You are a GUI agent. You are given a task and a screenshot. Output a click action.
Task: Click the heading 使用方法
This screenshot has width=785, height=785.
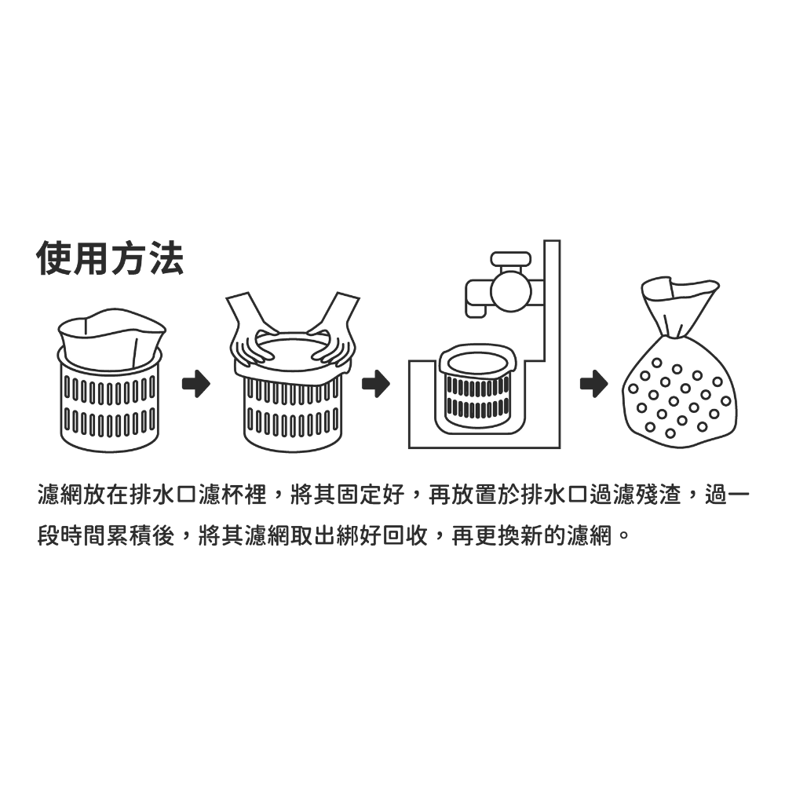(110, 258)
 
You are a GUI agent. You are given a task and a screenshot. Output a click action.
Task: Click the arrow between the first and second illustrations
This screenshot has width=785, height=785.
(195, 384)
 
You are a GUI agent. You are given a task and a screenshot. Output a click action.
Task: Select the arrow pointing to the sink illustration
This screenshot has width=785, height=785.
(375, 384)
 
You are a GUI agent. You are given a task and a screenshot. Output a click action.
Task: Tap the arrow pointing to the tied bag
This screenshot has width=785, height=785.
(593, 384)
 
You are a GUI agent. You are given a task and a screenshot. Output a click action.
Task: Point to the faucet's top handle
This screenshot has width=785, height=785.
(511, 259)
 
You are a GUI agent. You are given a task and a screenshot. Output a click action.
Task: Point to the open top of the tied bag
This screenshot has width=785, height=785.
(679, 289)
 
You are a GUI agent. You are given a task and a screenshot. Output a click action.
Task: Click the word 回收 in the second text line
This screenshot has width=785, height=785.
(406, 536)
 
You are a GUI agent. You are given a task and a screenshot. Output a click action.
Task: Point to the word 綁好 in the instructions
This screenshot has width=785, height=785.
(360, 536)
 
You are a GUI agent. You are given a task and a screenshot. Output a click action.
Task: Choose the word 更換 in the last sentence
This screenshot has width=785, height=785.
(497, 536)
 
